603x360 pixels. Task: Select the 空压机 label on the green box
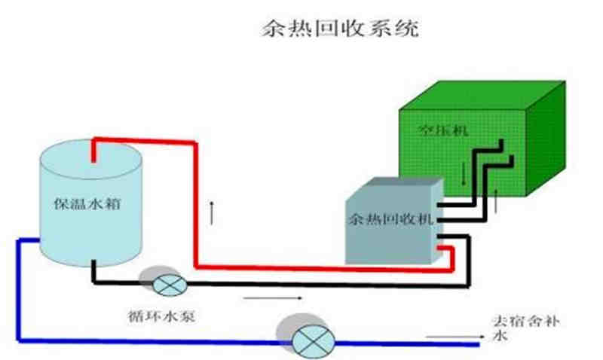click(443, 130)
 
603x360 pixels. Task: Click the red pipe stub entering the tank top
click(93, 151)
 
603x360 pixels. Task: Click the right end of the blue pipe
click(476, 345)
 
